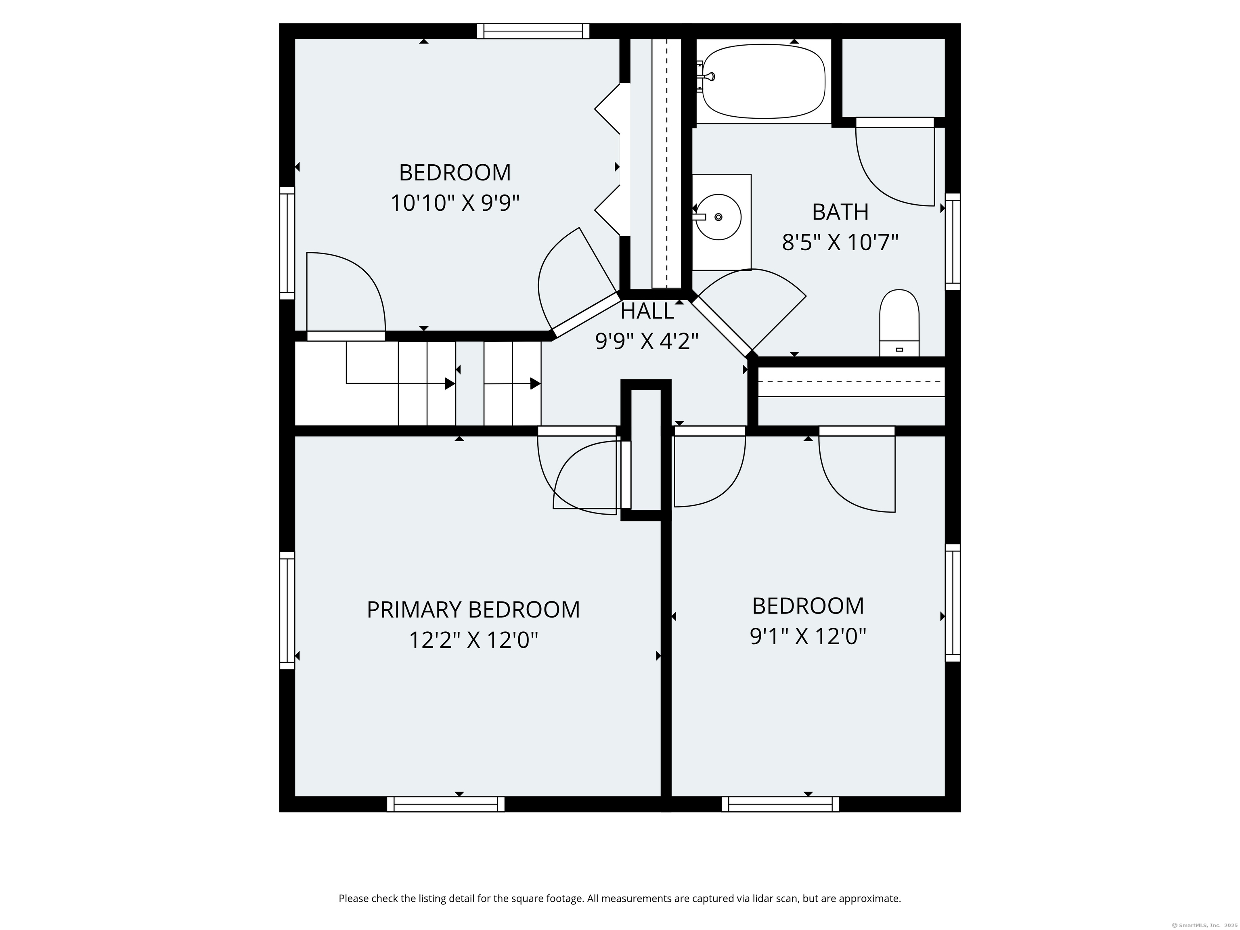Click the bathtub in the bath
coord(764,82)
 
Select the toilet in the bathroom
coord(899,323)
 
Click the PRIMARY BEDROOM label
coord(473,610)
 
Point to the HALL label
coord(647,311)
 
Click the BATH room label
coord(840,212)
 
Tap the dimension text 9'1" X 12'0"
coord(808,636)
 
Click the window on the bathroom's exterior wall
coord(953,242)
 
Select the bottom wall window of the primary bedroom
coord(446,804)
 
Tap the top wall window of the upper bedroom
coord(533,31)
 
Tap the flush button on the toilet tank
coord(899,349)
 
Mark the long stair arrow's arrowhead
coord(450,383)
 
